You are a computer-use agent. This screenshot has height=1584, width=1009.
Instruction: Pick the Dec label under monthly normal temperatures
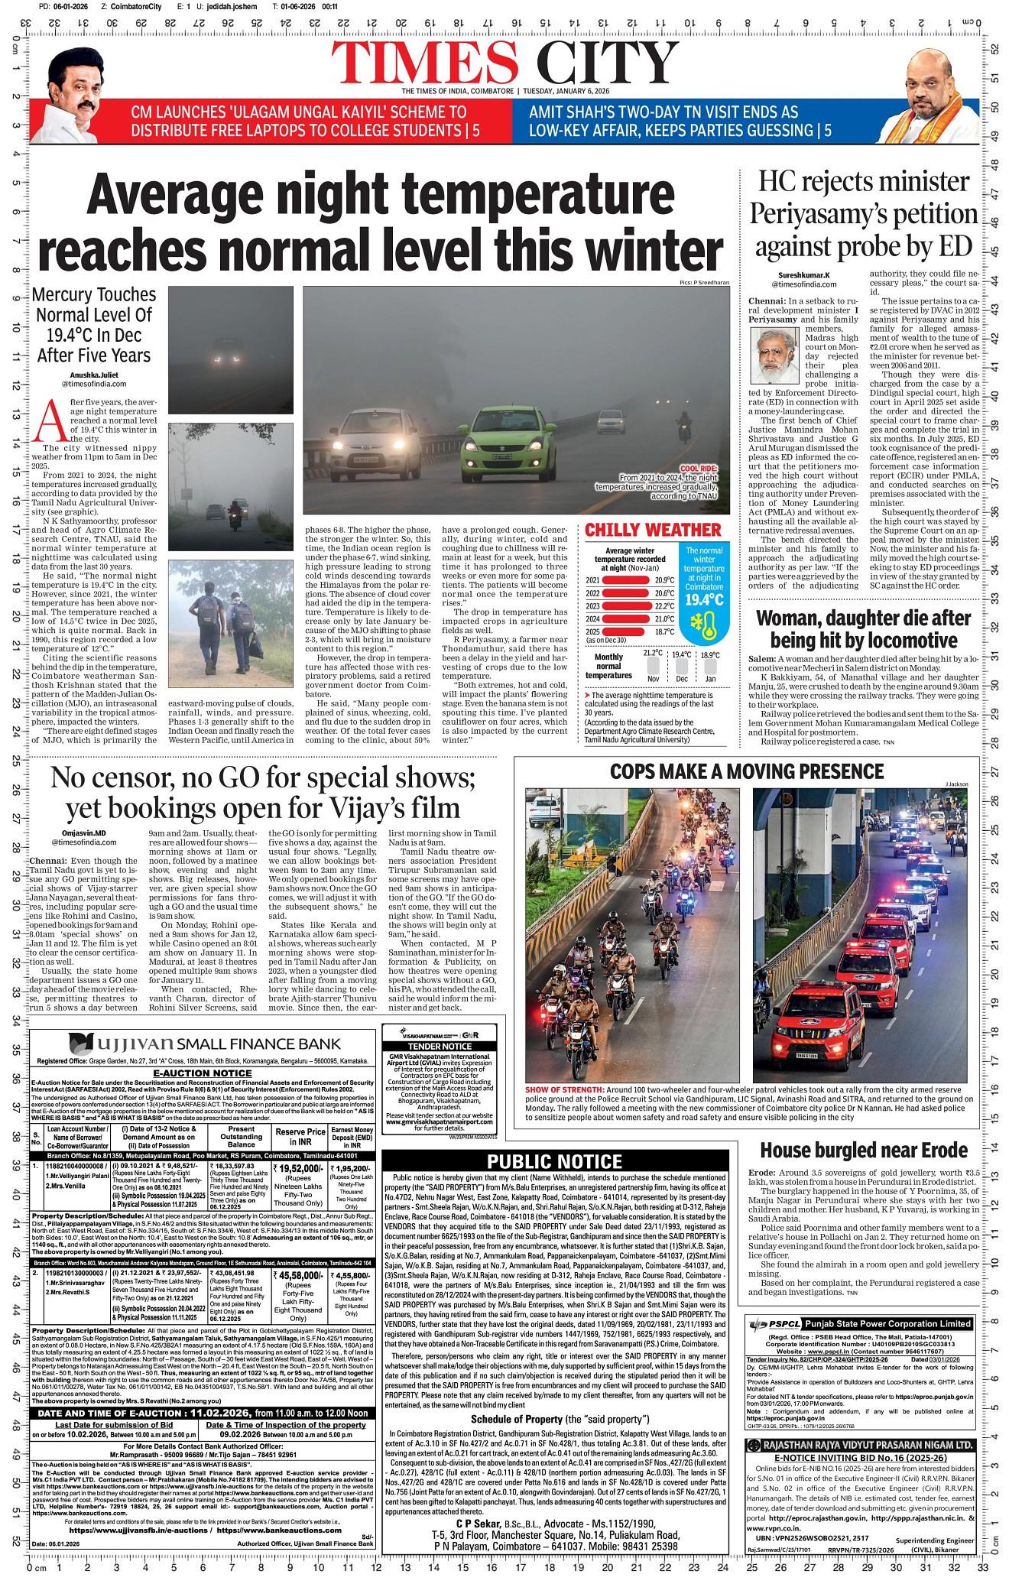[681, 679]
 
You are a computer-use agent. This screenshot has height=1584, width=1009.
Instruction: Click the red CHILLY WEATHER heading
[653, 531]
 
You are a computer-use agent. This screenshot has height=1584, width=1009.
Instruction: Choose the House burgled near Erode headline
[864, 1151]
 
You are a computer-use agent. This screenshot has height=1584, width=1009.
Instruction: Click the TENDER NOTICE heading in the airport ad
[440, 1046]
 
